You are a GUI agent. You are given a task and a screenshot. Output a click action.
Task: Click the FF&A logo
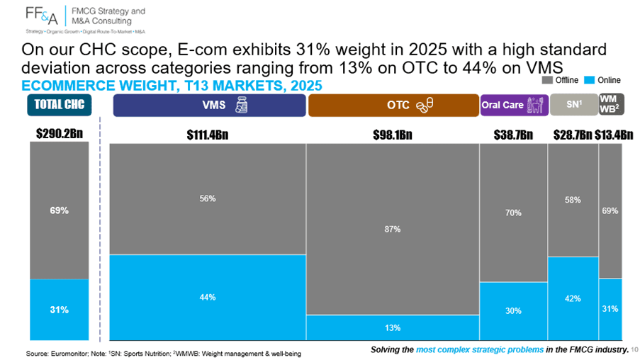[41, 16]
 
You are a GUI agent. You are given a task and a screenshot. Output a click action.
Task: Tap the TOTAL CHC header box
[60, 105]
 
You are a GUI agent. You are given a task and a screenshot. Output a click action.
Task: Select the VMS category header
[209, 106]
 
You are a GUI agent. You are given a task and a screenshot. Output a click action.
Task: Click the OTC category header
[393, 106]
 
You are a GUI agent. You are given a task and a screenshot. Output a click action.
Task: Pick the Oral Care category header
[515, 106]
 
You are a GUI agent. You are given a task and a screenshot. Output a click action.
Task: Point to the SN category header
[574, 104]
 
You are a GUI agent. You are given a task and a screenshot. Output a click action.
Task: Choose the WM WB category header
[612, 104]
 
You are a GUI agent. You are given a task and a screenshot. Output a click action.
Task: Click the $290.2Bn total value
[60, 133]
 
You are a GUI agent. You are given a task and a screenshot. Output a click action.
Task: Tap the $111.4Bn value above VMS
[208, 135]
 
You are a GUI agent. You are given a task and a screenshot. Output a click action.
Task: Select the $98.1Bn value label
[393, 135]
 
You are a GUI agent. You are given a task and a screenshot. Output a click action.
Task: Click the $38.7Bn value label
[513, 135]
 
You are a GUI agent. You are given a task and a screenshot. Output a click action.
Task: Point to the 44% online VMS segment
[208, 297]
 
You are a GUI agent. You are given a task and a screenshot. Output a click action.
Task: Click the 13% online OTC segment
[393, 327]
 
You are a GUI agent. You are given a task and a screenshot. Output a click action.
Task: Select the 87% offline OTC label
[392, 230]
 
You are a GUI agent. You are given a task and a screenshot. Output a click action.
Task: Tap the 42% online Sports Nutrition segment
[573, 298]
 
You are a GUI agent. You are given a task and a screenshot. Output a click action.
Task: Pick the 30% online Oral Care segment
[513, 311]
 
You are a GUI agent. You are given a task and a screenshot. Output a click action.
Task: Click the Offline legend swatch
[547, 80]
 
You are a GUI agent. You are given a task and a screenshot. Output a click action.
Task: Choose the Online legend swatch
[589, 80]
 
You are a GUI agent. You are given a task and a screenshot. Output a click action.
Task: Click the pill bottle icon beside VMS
[241, 105]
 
